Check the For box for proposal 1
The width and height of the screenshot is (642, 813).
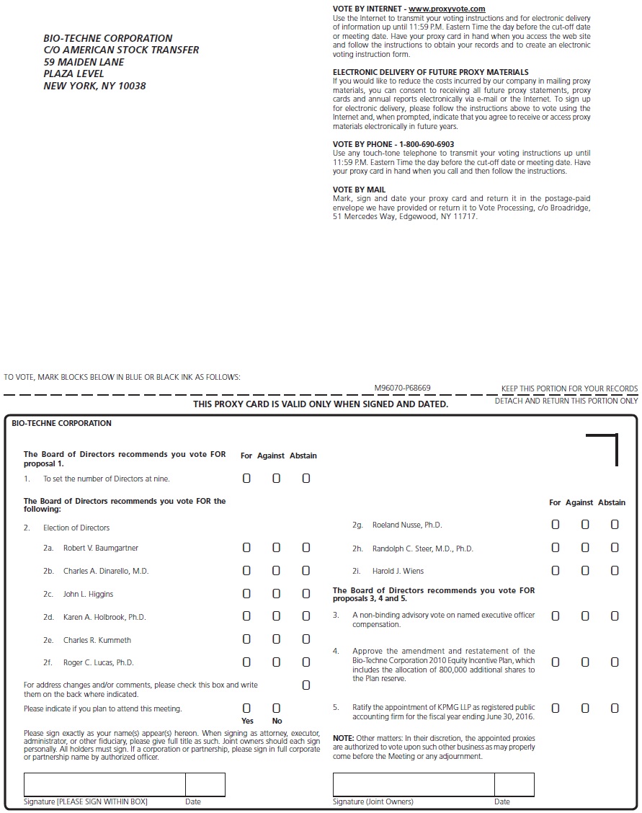[246, 479]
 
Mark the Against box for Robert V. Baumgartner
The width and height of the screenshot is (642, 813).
[276, 548]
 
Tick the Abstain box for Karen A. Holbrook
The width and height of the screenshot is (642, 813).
[306, 616]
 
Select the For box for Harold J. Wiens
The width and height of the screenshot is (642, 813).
[555, 571]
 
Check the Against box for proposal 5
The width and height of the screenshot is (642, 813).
[585, 708]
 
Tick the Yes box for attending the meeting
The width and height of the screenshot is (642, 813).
[246, 708]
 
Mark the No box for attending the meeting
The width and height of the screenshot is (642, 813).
[276, 708]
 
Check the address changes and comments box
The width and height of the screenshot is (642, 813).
[306, 685]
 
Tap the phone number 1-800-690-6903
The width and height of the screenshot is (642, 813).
[422, 144]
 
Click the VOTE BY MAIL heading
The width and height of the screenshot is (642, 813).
[359, 190]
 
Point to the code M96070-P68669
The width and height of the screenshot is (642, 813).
[402, 388]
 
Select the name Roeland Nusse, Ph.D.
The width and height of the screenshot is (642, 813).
[407, 525]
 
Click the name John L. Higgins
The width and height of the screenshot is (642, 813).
[88, 594]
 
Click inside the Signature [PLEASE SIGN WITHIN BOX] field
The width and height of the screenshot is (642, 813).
[104, 784]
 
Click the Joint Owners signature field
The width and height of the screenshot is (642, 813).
[414, 784]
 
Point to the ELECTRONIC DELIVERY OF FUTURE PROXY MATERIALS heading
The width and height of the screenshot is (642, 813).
[430, 72]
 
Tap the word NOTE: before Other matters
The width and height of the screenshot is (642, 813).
[343, 738]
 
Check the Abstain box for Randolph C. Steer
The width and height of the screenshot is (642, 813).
[615, 548]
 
